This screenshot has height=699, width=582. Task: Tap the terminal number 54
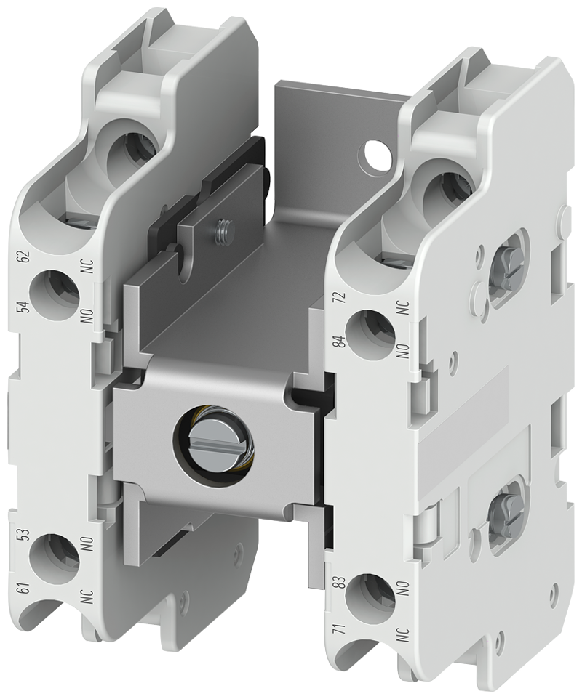[25, 308]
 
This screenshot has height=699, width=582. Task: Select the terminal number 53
[25, 535]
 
